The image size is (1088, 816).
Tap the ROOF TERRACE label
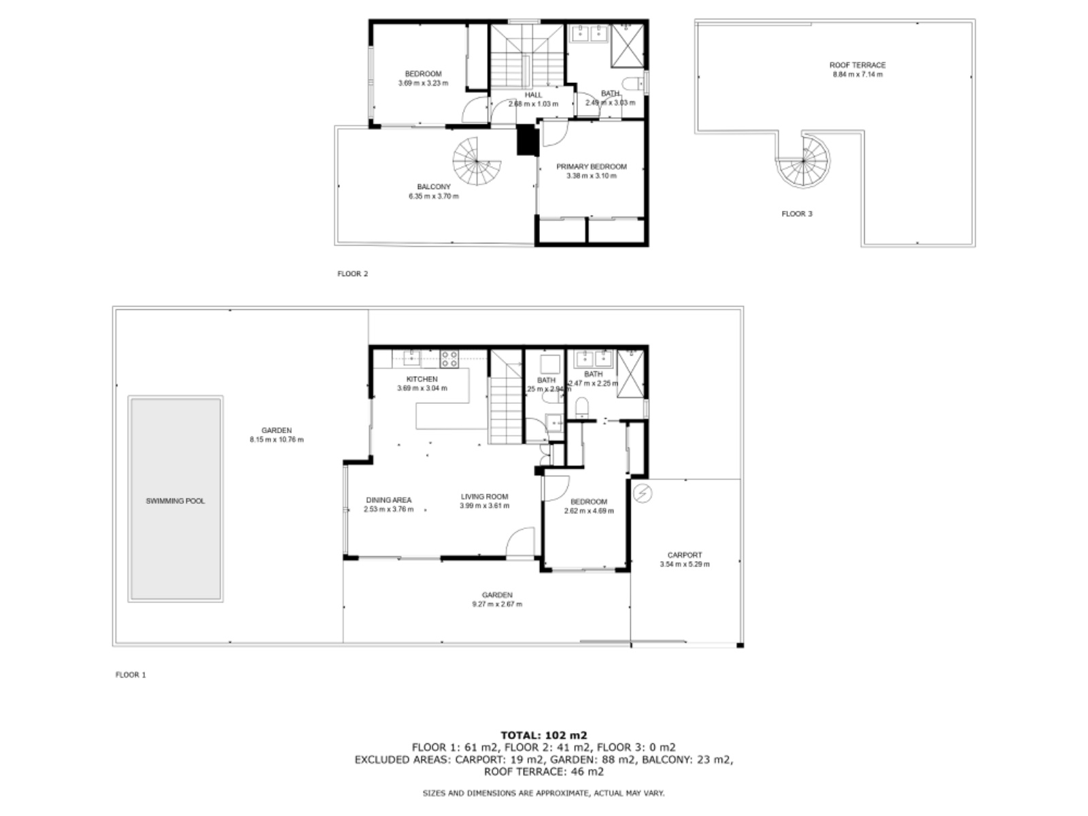tap(857, 65)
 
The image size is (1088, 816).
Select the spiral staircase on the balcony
tap(476, 163)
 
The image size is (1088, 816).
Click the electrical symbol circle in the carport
tap(641, 493)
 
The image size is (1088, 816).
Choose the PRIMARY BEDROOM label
tap(591, 167)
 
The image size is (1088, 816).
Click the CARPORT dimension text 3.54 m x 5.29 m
tap(684, 564)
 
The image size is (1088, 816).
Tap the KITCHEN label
tap(422, 379)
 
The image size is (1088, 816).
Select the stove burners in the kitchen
tap(449, 358)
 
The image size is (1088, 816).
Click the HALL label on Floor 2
tap(533, 95)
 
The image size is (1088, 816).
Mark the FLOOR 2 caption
tap(352, 274)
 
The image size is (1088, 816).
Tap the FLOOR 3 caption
tap(796, 214)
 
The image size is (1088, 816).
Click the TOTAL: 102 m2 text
tap(543, 735)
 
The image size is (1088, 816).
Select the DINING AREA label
tap(388, 500)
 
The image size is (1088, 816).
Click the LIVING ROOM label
tap(484, 496)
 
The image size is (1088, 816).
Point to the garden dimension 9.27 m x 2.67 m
tap(497, 604)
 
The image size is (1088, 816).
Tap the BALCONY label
tap(433, 187)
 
